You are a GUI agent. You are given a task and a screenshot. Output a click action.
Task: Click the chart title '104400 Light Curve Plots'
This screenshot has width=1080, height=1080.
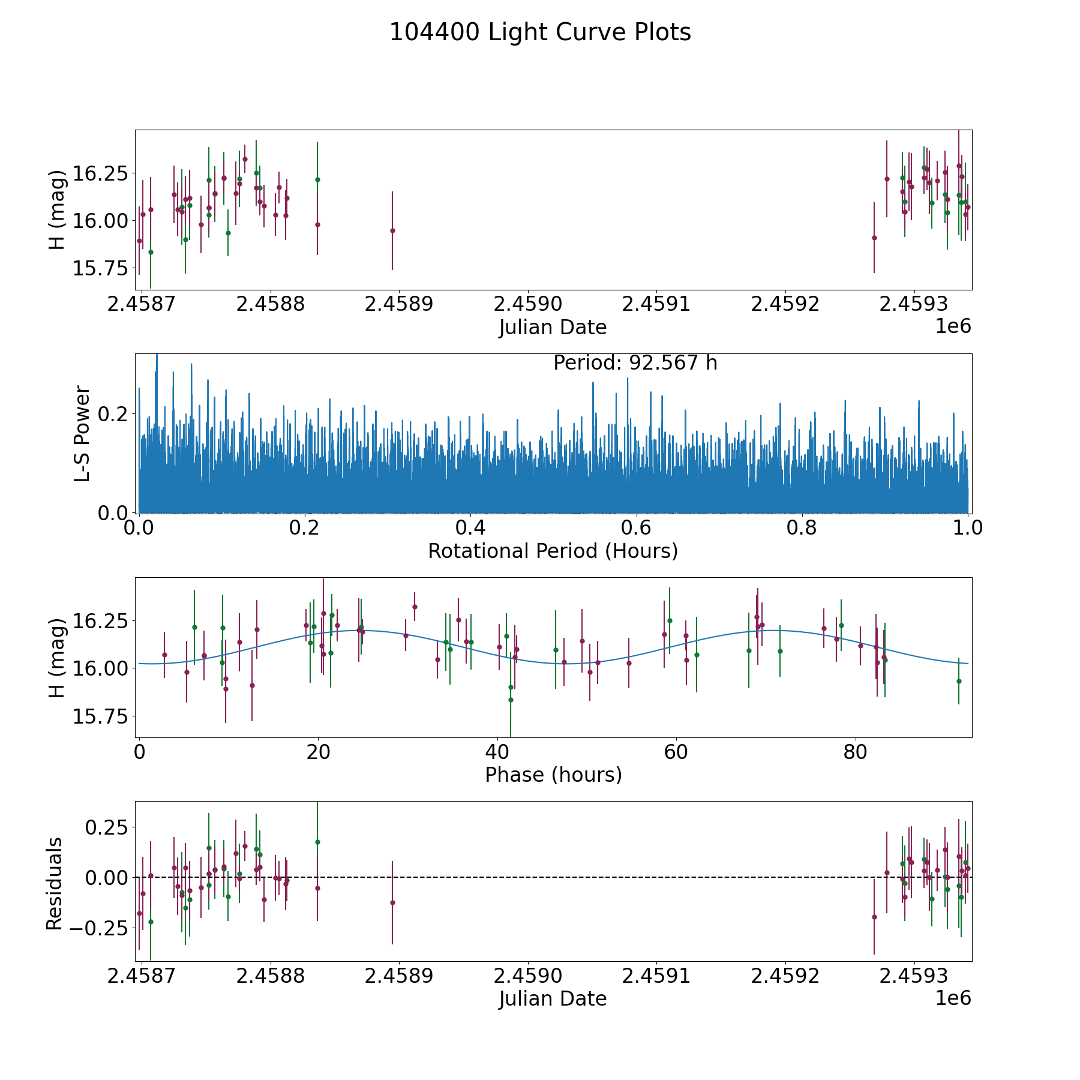pos(540,32)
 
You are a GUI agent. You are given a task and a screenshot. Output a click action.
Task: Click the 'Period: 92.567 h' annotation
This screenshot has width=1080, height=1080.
pos(635,363)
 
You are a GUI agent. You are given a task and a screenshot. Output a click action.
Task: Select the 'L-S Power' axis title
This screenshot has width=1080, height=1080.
pos(82,433)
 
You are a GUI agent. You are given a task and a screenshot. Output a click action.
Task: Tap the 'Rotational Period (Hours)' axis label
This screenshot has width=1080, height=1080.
pos(553,551)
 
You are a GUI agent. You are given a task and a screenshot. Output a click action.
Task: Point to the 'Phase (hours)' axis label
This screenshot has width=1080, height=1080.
pos(553,775)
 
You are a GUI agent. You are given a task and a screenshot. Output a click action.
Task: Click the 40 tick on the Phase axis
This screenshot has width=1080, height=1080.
pos(497,752)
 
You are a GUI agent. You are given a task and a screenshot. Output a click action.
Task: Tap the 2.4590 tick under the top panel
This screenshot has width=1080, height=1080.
pos(528,304)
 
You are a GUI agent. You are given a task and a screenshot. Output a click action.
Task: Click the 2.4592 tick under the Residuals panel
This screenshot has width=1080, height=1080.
pos(785,976)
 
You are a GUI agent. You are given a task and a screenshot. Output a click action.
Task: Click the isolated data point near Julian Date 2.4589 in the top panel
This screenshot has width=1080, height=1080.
pos(392,230)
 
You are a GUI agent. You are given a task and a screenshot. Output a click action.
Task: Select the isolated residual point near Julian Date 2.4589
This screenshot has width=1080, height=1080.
pos(392,902)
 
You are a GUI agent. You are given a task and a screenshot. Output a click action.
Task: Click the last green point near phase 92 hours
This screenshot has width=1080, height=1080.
pos(959,681)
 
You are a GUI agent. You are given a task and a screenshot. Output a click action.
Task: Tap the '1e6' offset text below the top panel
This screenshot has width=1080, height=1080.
pos(953,326)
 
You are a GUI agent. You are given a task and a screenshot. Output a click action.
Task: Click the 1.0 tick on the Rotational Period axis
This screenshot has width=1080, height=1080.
pos(968,528)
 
